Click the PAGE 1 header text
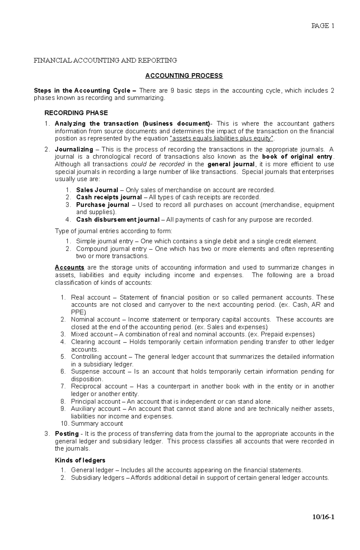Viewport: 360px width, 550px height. click(323, 26)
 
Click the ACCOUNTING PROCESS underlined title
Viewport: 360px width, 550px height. click(184, 76)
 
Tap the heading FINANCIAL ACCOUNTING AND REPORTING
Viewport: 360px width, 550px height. click(105, 60)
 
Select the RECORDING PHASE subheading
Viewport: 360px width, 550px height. click(76, 113)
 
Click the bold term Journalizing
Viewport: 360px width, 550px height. click(74, 149)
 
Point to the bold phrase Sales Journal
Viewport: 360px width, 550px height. click(97, 190)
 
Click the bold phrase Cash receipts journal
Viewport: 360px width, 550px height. click(109, 197)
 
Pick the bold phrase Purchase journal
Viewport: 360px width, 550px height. click(103, 205)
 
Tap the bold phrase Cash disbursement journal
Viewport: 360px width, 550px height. click(118, 220)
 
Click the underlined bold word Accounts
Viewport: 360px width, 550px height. click(70, 267)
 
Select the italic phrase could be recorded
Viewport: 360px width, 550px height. click(158, 164)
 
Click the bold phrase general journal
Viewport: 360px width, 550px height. click(231, 164)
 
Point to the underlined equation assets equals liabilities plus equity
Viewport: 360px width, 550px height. click(222, 138)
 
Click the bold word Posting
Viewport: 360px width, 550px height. click(67, 434)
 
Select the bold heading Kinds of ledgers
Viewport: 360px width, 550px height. click(80, 460)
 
